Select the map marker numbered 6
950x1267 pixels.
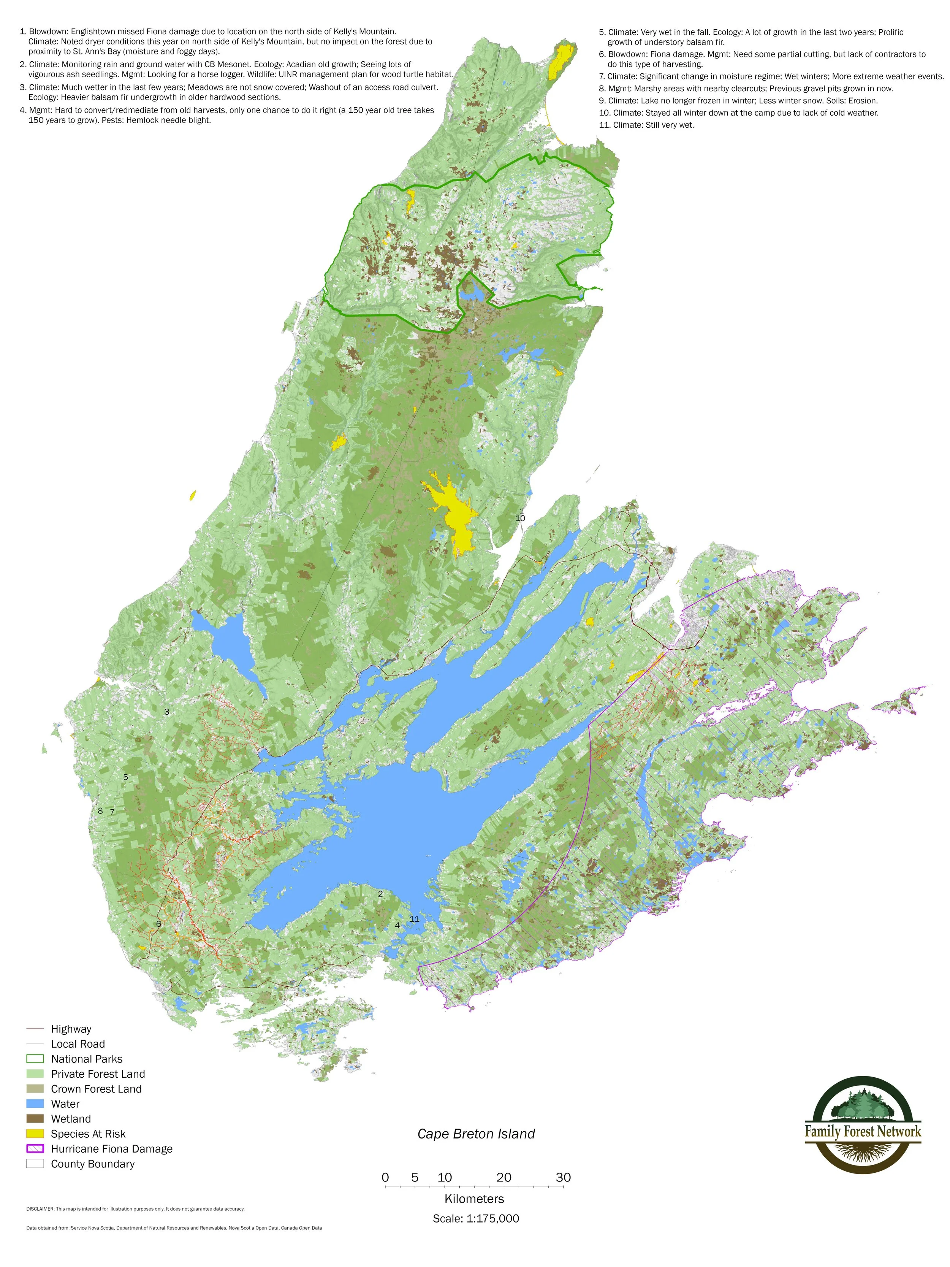tap(158, 923)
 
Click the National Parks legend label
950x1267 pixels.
tap(87, 1059)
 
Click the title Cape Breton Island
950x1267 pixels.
tap(475, 1134)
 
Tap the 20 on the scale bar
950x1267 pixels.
tap(503, 1177)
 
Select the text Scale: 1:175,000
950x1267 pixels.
tap(475, 1218)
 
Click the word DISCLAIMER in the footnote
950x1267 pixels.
tap(40, 1208)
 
